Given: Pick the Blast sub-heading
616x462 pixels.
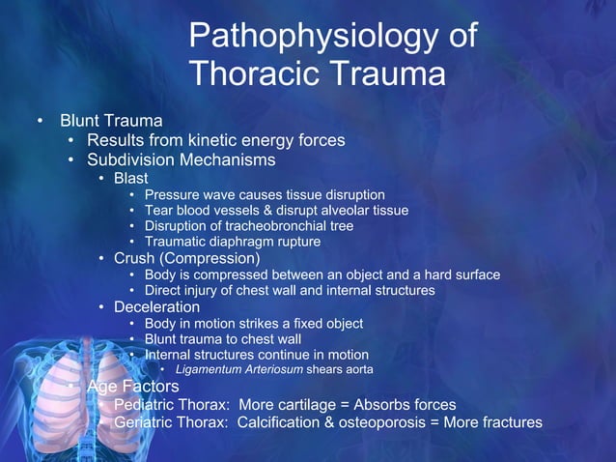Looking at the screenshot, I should (131, 179).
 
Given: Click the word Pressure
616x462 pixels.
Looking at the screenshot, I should (170, 194).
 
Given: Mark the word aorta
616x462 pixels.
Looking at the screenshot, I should (355, 369).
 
